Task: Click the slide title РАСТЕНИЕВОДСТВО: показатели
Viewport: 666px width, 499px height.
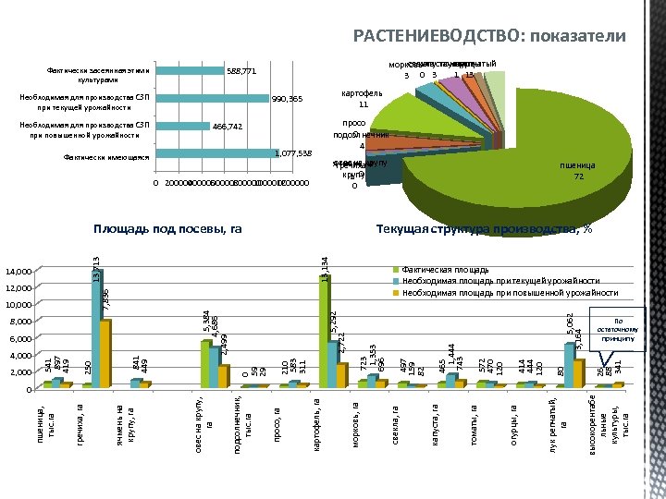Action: pos(489,36)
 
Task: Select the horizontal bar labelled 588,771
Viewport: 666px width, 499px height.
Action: pos(189,70)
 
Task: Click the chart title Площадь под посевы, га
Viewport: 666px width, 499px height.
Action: pos(167,228)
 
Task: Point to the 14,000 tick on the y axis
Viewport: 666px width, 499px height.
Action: pos(18,272)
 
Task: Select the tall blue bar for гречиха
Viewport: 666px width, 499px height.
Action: pos(96,328)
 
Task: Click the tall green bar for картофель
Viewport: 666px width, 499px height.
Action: pos(324,331)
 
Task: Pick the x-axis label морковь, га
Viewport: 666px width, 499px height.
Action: pos(355,423)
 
